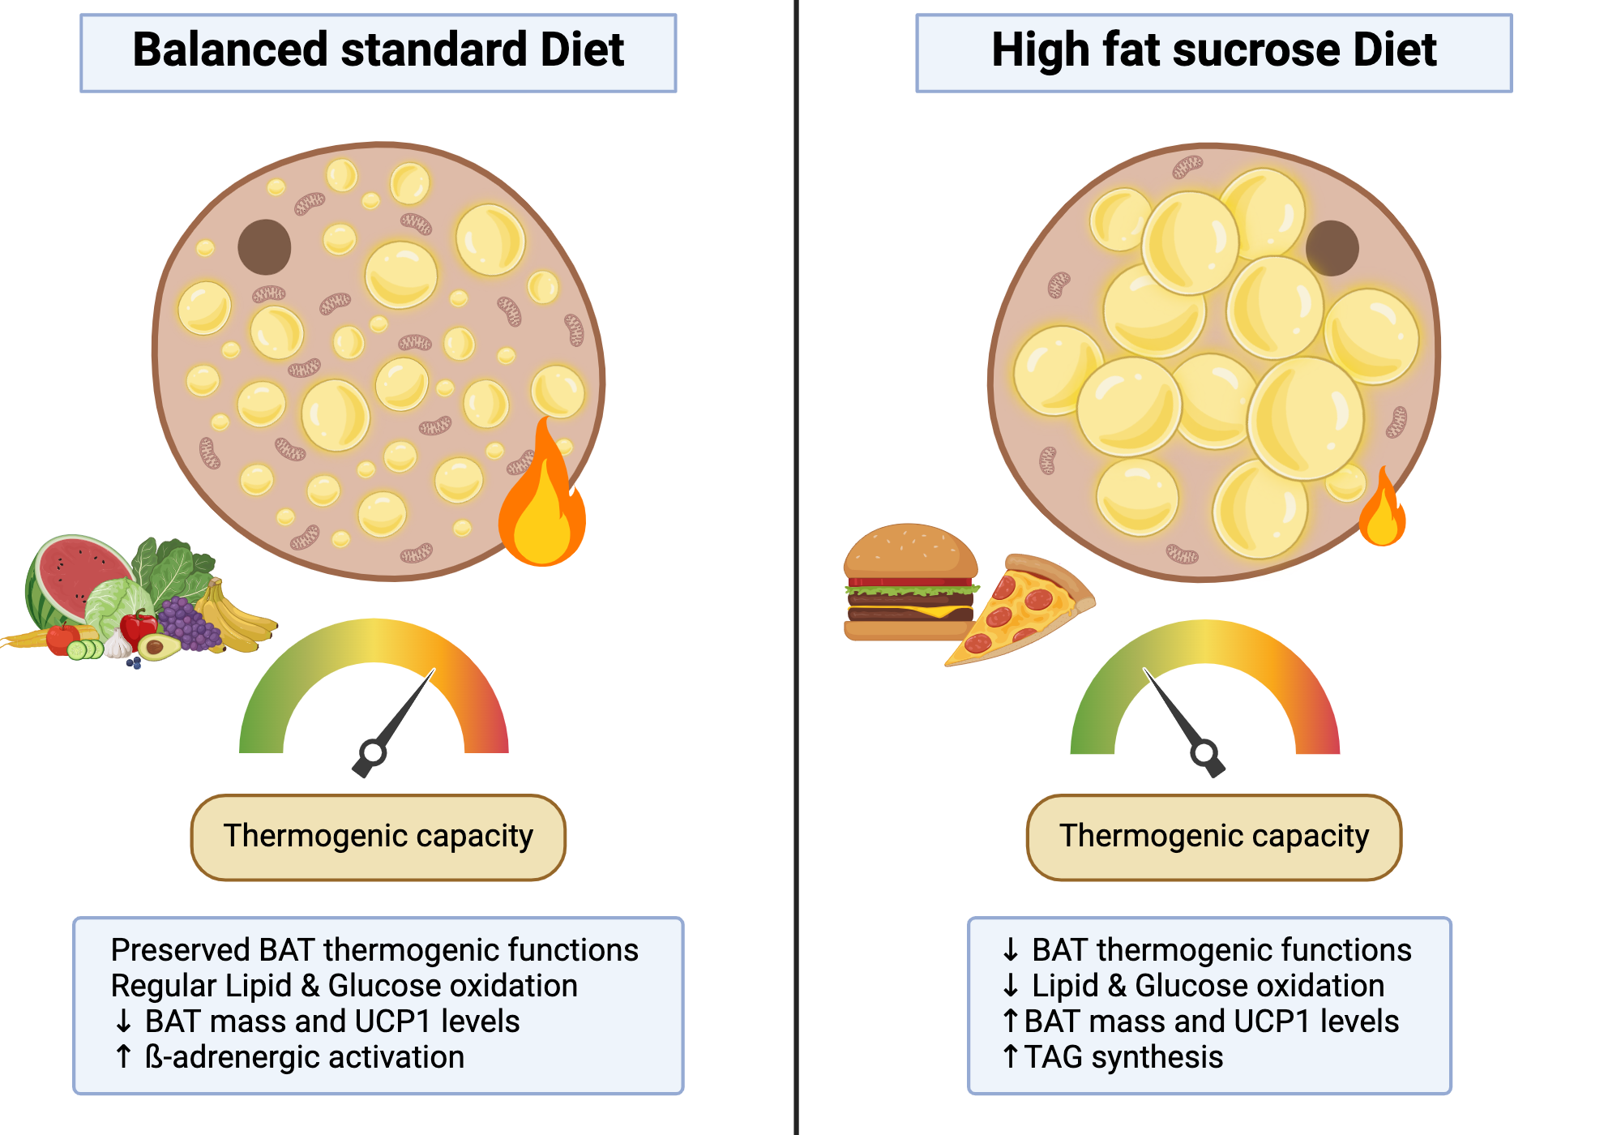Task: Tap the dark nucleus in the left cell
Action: click(x=264, y=246)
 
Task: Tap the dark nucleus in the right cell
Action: click(x=1332, y=248)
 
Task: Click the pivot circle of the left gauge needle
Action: click(x=373, y=752)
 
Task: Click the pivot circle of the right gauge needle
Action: click(x=1204, y=752)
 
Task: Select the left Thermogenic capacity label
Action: click(x=378, y=837)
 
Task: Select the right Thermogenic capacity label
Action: click(x=1213, y=837)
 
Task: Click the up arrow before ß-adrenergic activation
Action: click(x=123, y=1057)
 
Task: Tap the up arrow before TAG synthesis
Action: click(x=1010, y=1057)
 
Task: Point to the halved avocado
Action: click(x=158, y=646)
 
